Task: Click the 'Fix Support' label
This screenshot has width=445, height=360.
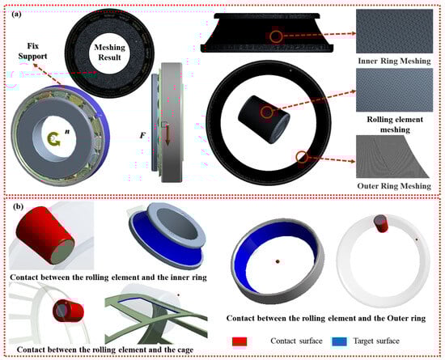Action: (x=32, y=51)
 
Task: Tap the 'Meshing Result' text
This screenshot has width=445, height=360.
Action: (x=109, y=53)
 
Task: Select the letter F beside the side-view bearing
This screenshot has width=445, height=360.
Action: (x=142, y=136)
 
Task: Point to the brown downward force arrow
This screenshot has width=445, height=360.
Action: (x=167, y=136)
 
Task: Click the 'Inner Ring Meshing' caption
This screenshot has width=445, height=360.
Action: (x=394, y=61)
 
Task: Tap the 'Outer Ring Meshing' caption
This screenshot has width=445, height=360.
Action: (x=394, y=186)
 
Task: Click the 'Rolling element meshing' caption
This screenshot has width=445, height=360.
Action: (x=395, y=125)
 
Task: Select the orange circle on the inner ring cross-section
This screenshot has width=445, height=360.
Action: (x=276, y=37)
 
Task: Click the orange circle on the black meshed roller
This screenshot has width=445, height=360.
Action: (x=266, y=112)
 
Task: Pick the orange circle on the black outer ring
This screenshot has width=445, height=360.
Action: (x=302, y=157)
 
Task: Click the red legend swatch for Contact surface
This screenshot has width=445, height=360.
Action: (x=239, y=341)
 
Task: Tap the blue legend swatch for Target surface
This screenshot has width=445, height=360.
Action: (x=339, y=341)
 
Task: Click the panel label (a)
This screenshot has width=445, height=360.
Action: (x=16, y=15)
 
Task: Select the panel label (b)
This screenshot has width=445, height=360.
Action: (x=18, y=206)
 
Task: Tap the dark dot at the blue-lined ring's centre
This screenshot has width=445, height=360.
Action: (x=278, y=261)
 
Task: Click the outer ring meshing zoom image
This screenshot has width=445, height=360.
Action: (x=393, y=157)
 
